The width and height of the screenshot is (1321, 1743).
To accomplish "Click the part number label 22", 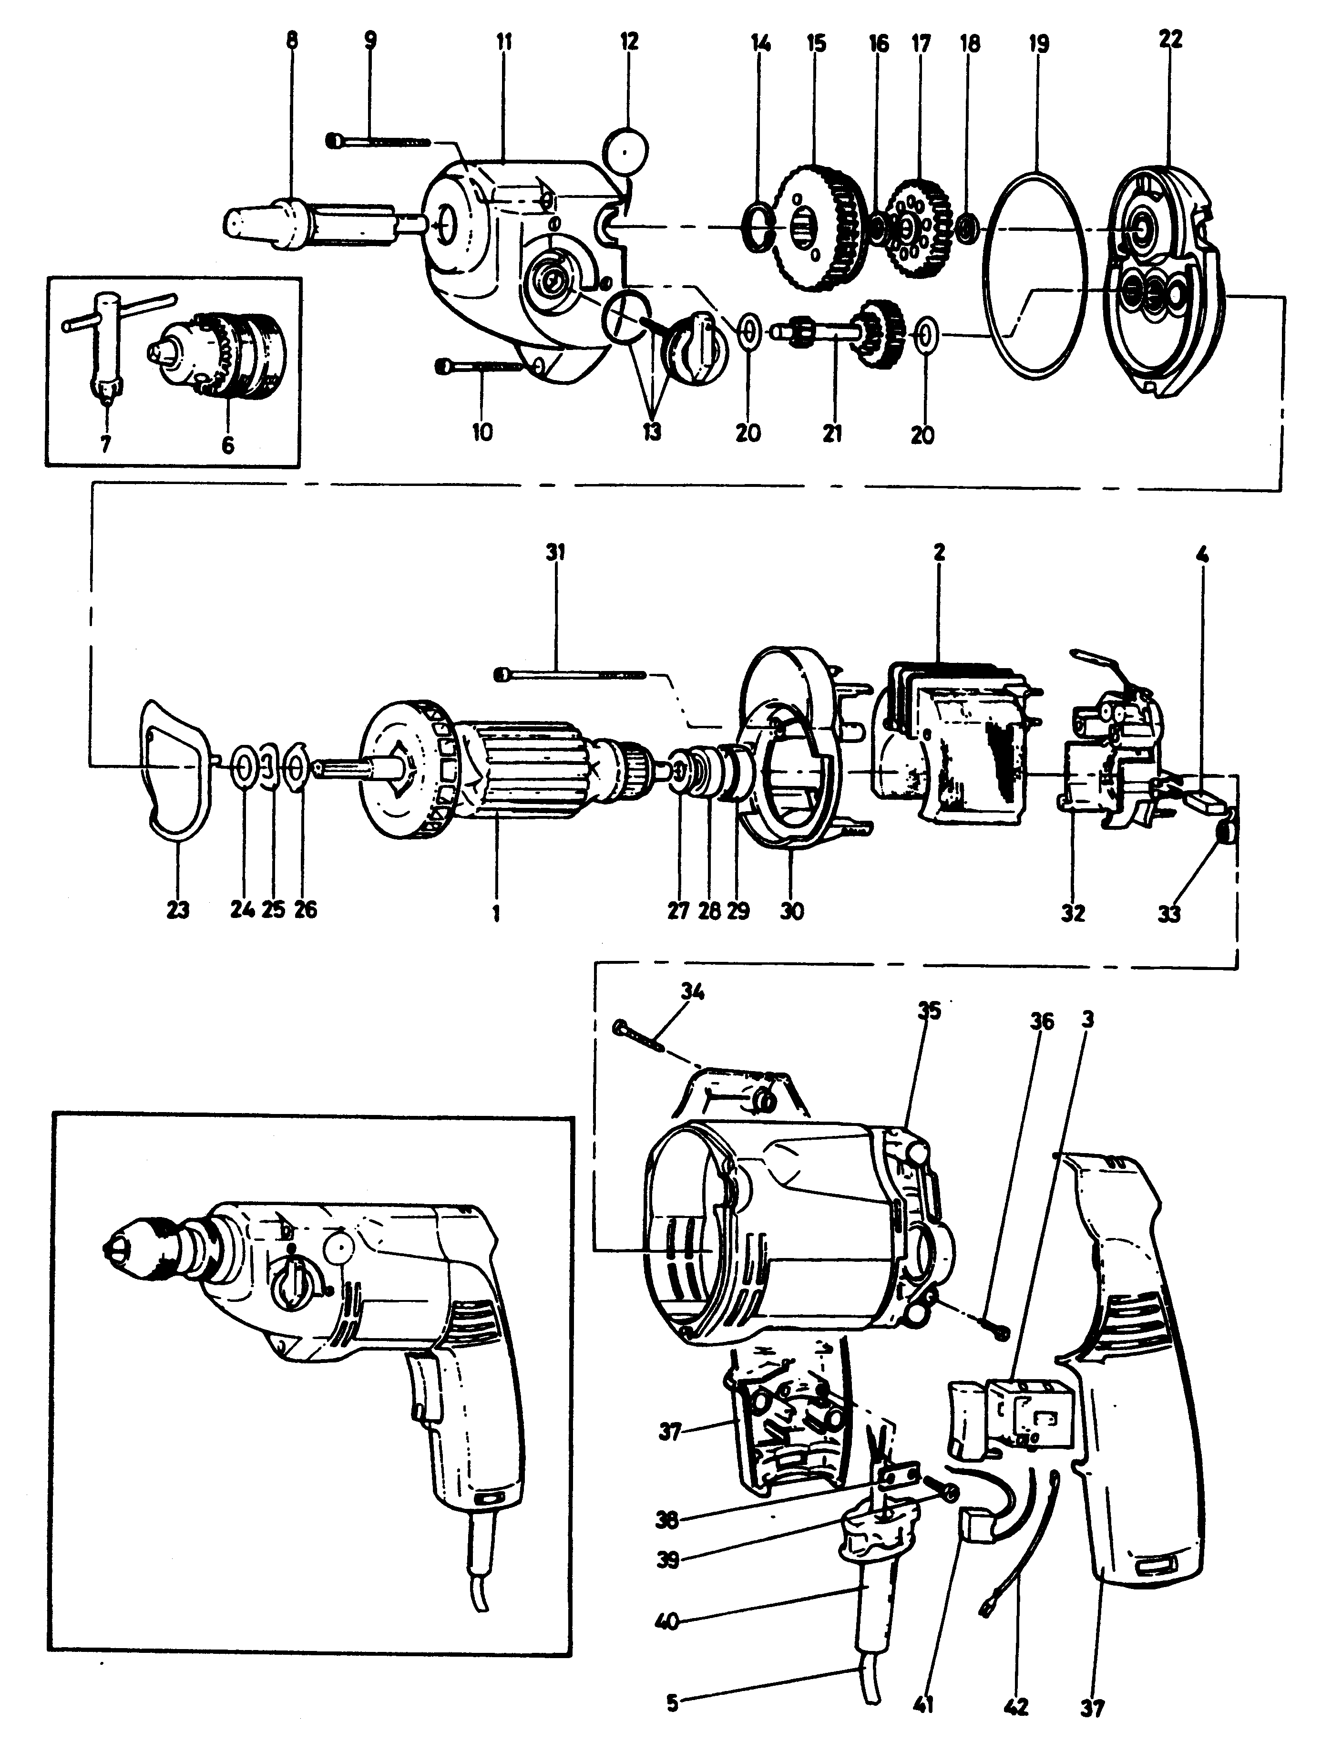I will (1170, 40).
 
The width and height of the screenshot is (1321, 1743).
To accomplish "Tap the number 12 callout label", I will (629, 41).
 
